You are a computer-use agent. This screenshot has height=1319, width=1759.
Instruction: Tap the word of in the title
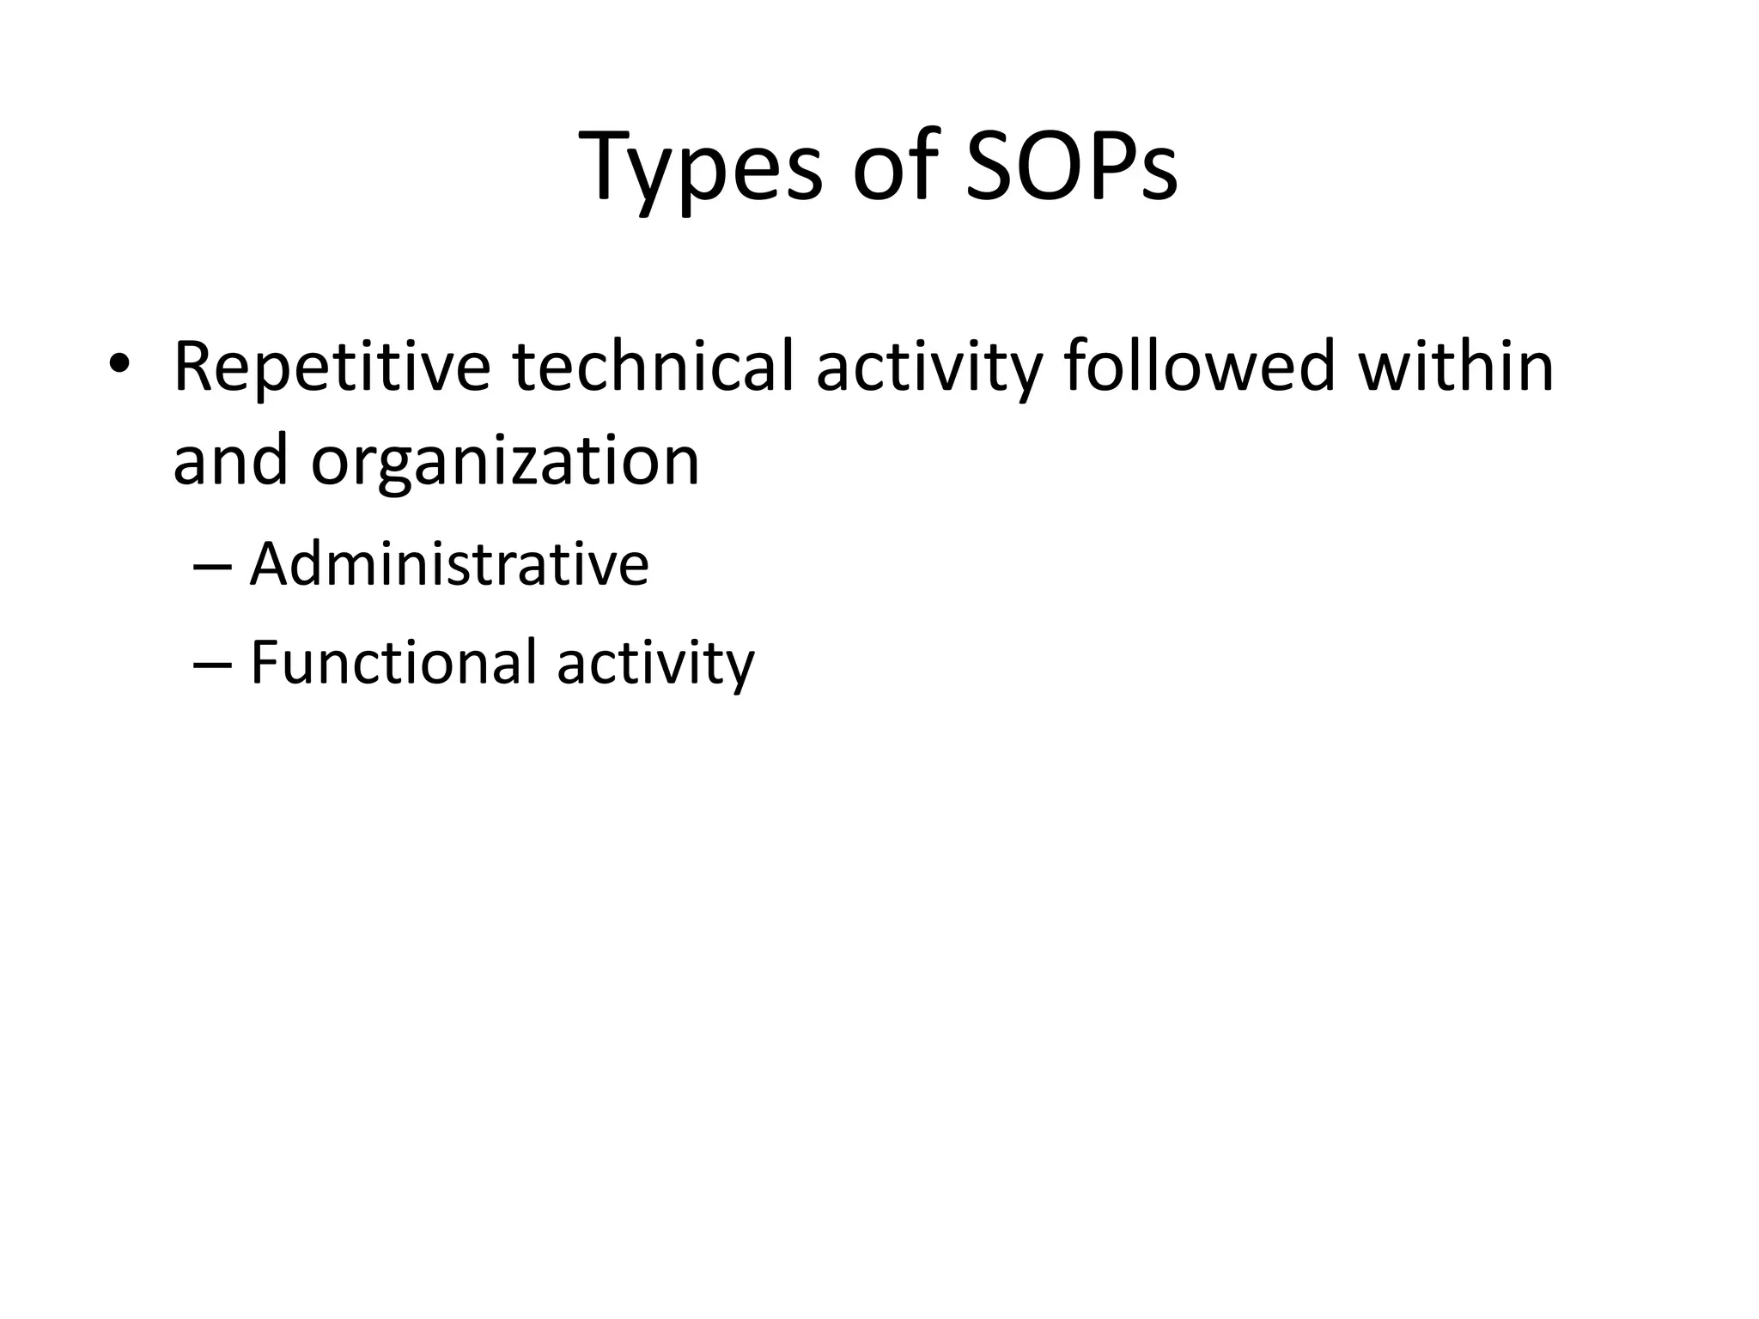[893, 167]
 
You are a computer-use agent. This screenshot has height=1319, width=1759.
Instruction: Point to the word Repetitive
[332, 368]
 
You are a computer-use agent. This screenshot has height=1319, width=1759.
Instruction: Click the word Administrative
[449, 566]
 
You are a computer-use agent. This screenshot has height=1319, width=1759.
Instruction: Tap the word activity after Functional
[655, 666]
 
